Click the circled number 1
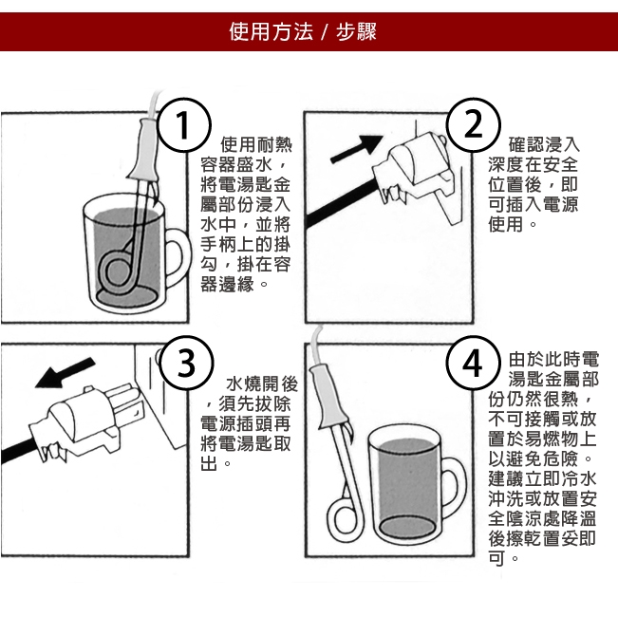click(184, 125)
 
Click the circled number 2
click(474, 125)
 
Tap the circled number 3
click(186, 363)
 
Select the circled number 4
click(473, 363)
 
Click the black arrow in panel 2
click(357, 149)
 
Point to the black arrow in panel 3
click(66, 373)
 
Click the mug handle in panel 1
click(177, 259)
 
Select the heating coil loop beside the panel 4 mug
click(346, 519)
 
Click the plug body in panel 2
click(414, 164)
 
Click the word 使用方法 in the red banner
click(272, 32)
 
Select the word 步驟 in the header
click(356, 32)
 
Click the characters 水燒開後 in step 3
click(262, 384)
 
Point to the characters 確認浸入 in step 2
click(544, 145)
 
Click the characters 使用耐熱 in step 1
click(256, 145)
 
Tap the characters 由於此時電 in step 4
click(553, 360)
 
